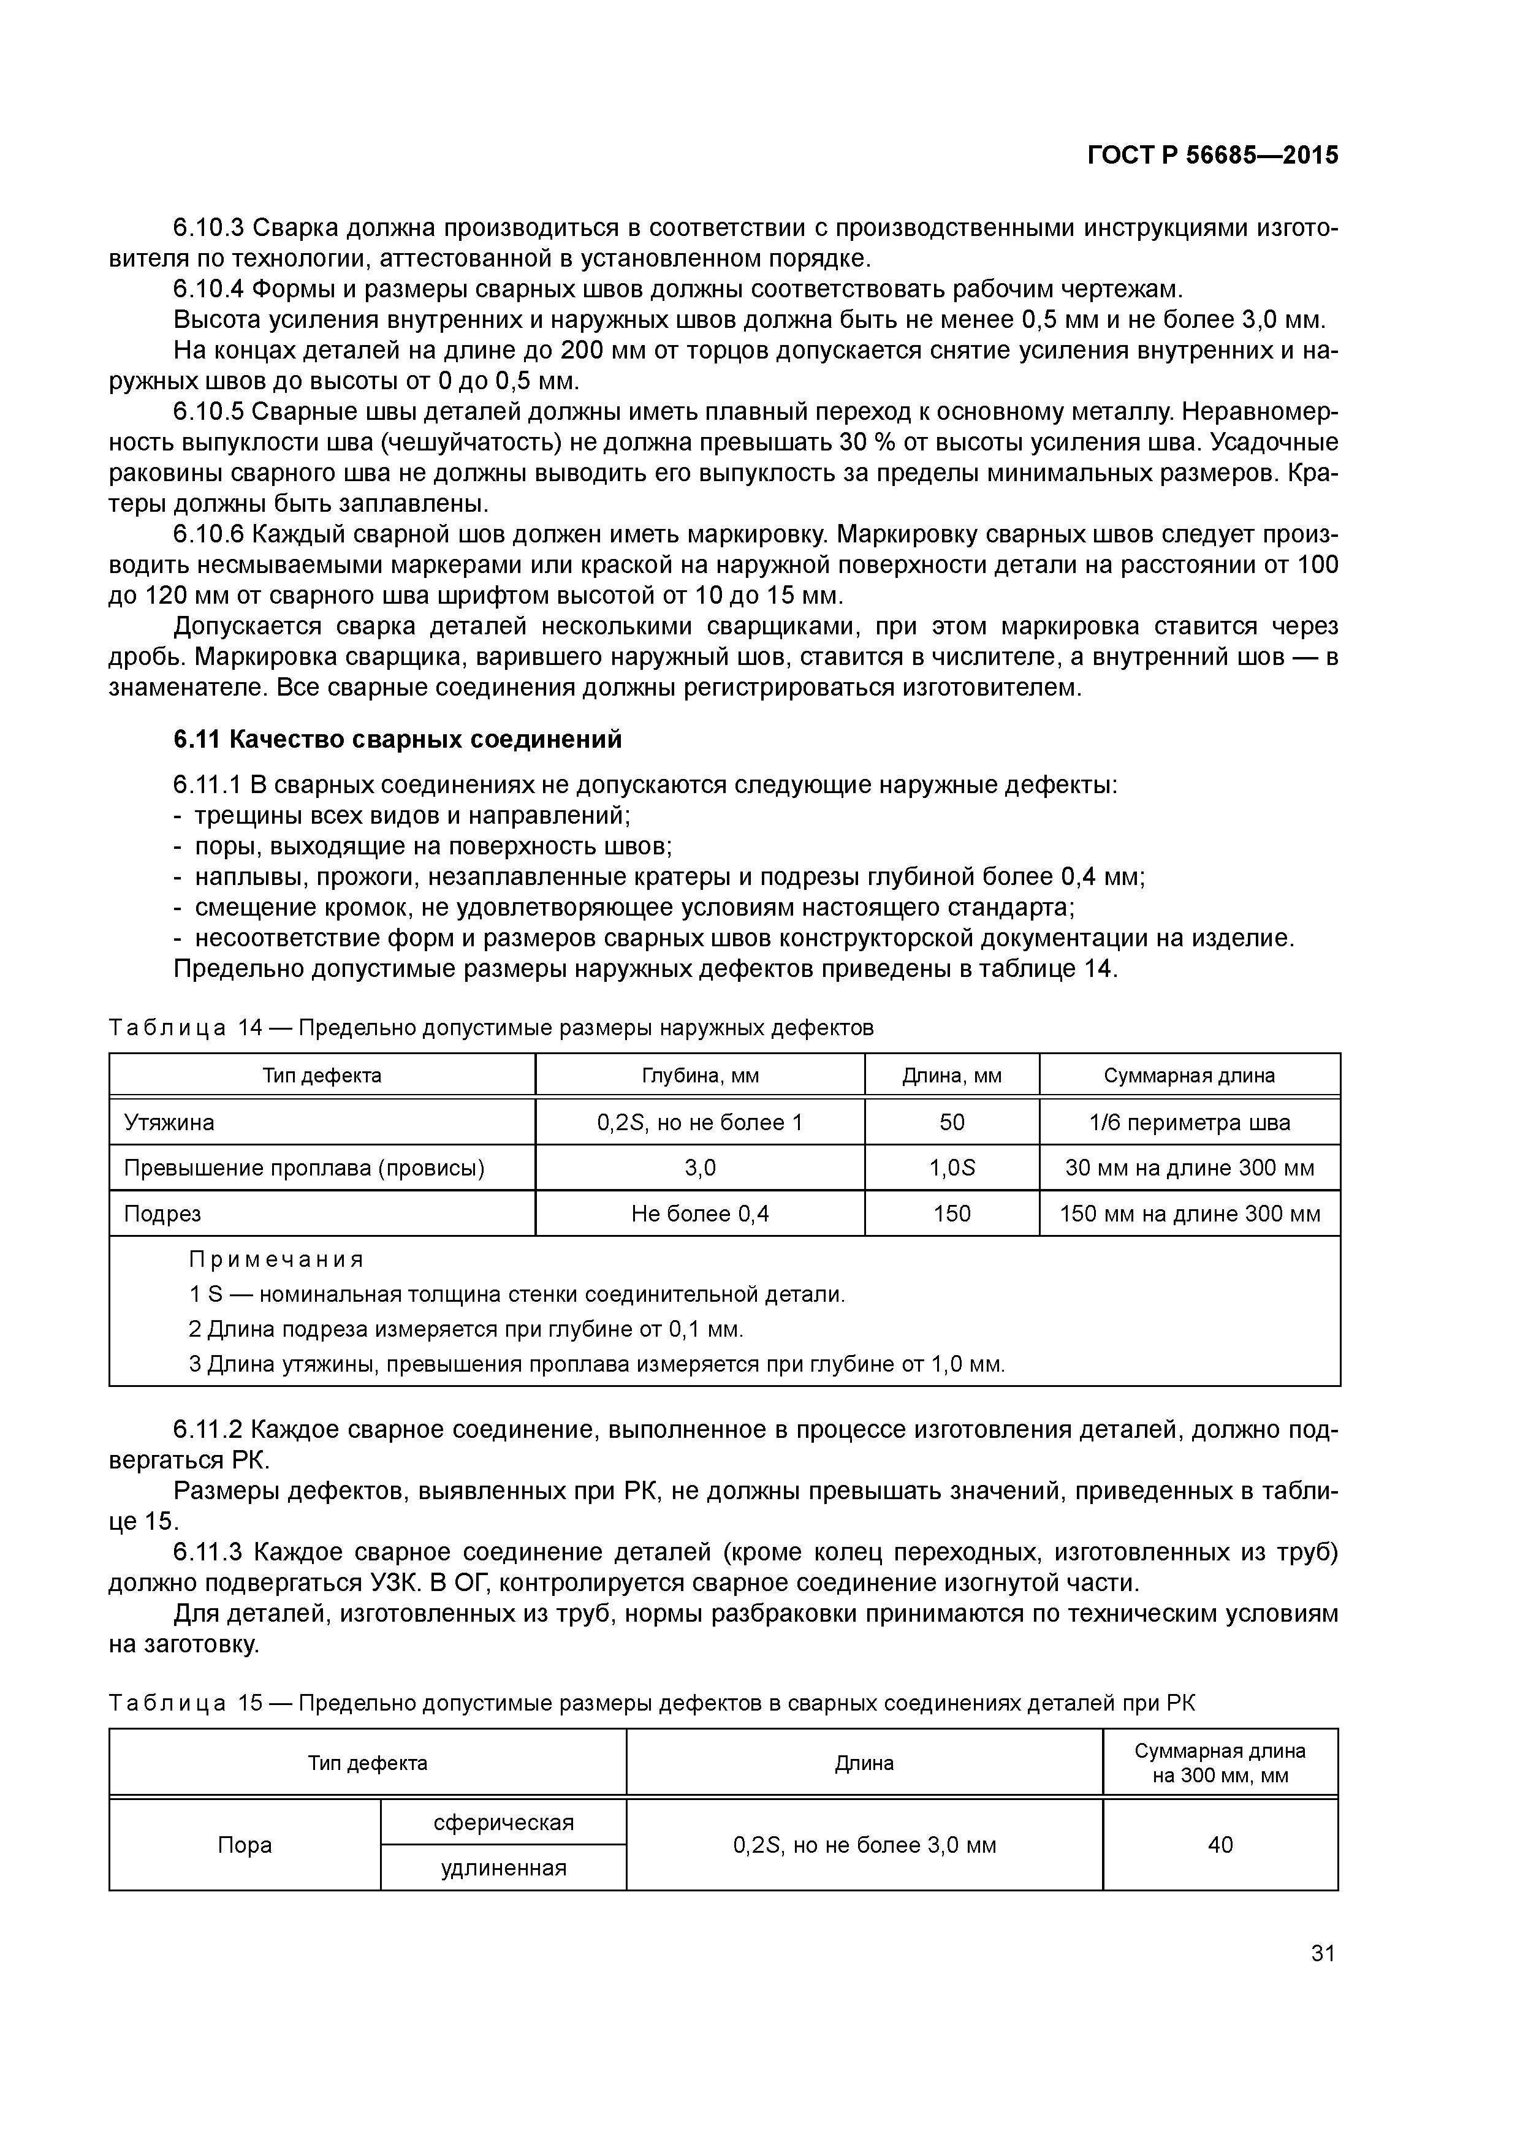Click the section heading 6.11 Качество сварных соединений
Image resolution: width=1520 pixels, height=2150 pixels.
point(397,740)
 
